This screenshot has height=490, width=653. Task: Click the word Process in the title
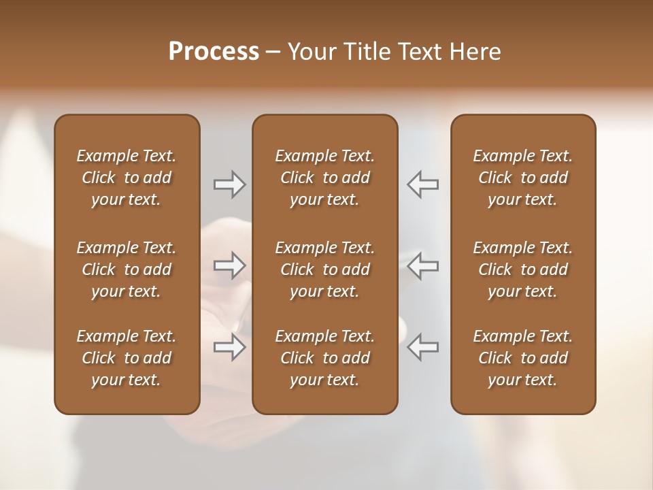click(x=214, y=52)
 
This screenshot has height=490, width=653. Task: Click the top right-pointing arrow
click(x=230, y=184)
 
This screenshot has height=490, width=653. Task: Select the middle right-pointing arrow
click(x=230, y=265)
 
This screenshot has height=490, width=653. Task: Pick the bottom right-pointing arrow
click(x=230, y=347)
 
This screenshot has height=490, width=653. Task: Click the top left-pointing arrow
click(x=423, y=184)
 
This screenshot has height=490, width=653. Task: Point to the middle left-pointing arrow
click(x=423, y=265)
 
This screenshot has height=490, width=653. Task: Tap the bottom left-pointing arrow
click(x=423, y=347)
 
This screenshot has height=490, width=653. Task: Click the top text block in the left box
click(x=127, y=178)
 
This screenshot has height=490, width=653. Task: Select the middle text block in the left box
click(x=127, y=269)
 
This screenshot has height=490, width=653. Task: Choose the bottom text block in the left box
click(x=127, y=358)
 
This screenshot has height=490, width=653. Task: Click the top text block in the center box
click(x=324, y=178)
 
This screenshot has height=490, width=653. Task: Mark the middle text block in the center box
click(x=324, y=269)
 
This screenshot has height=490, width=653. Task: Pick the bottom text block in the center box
click(x=324, y=358)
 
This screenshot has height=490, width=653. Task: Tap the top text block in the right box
click(x=522, y=178)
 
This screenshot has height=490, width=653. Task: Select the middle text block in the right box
click(x=522, y=269)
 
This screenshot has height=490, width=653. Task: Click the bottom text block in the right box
click(x=522, y=358)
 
